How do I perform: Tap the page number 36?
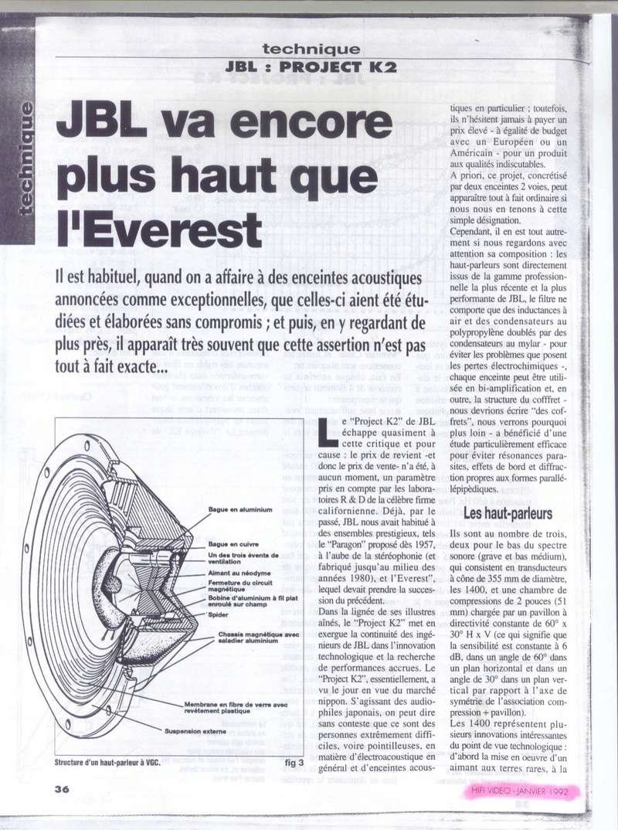[x=63, y=789]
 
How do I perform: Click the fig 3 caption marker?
[x=296, y=762]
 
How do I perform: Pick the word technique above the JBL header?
[x=311, y=48]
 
